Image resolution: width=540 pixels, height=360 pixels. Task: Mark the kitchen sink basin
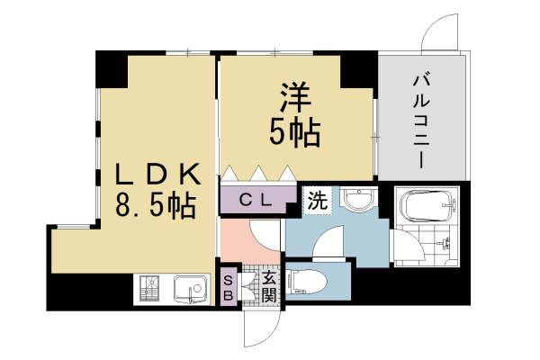click(x=188, y=289)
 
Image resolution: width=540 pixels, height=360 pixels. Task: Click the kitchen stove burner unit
click(x=149, y=289)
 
